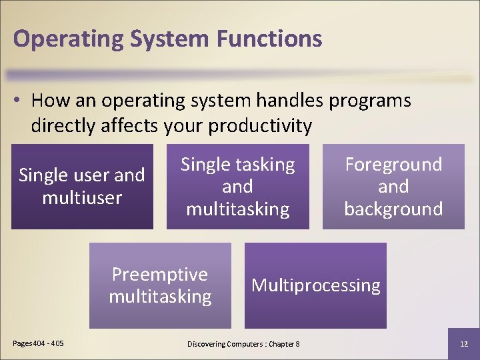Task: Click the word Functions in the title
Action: (269, 38)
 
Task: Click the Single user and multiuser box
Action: (82, 187)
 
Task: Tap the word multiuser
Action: (82, 198)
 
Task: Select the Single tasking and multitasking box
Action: (238, 187)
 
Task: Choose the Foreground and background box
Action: (393, 187)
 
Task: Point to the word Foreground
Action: (393, 165)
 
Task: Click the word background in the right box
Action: (393, 209)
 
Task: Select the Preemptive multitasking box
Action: (160, 285)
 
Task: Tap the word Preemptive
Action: (160, 275)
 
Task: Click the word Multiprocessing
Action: (315, 285)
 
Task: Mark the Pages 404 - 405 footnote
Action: (39, 343)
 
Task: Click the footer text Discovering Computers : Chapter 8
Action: (243, 343)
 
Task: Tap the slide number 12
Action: (464, 343)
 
